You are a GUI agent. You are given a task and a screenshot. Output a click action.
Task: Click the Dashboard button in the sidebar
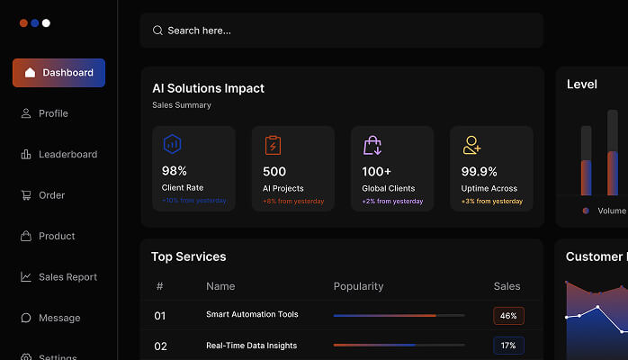tap(58, 73)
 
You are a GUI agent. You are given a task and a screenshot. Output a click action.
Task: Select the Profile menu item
tap(53, 113)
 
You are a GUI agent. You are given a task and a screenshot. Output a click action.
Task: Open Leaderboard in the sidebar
tap(67, 154)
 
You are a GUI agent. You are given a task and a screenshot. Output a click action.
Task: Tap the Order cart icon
tap(26, 195)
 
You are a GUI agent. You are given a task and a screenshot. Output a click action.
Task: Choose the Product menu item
tap(57, 236)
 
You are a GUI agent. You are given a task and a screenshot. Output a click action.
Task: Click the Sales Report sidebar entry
tap(67, 277)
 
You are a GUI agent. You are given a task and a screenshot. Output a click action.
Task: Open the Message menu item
tap(59, 318)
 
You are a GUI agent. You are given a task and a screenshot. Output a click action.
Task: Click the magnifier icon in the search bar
tap(157, 31)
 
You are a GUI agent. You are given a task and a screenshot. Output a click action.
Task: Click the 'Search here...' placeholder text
tap(200, 31)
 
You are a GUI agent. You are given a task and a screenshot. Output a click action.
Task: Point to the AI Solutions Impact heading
tap(208, 88)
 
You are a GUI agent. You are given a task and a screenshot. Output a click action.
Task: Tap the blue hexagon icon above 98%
tap(172, 144)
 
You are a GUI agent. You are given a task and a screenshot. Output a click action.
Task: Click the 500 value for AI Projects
tap(274, 171)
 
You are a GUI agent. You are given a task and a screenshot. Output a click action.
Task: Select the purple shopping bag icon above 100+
tap(372, 145)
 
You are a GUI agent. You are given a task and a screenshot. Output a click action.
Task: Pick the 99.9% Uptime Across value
tap(480, 171)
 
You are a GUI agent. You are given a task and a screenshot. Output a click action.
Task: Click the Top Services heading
tap(188, 256)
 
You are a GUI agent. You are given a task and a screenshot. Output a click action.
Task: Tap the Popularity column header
tap(358, 286)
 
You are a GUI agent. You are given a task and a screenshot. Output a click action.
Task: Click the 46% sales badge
tap(508, 316)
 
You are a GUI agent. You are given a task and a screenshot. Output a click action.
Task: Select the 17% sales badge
tap(508, 346)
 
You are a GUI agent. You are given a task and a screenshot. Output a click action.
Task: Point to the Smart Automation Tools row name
tap(252, 315)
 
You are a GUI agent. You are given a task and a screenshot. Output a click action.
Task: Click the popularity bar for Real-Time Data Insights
tap(399, 345)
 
